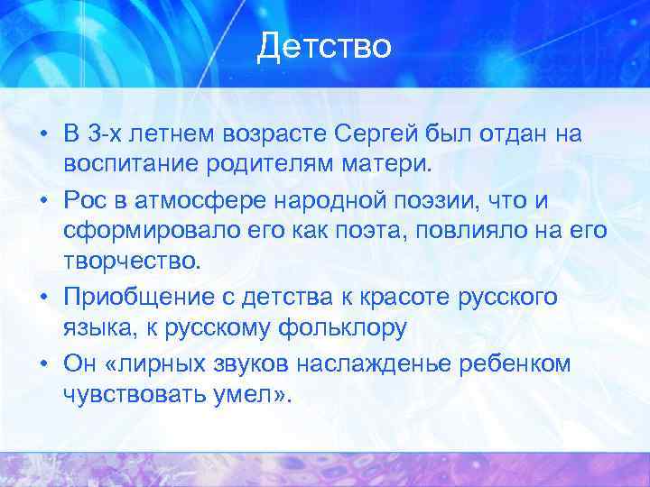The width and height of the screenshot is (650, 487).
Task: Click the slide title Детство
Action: [324, 46]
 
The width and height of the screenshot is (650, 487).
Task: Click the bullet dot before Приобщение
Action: [44, 298]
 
